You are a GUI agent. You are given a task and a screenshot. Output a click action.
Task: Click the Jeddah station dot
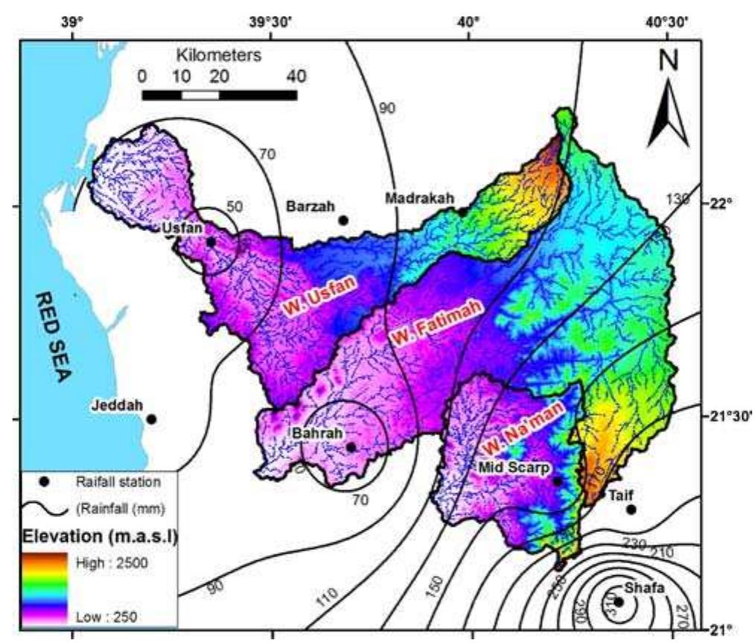(151, 419)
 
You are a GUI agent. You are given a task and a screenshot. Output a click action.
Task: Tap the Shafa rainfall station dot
(618, 601)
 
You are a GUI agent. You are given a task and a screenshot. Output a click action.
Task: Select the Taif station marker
(631, 510)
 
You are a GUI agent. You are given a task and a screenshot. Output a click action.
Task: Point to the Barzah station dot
(343, 220)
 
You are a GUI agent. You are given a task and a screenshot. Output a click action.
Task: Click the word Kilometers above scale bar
(219, 55)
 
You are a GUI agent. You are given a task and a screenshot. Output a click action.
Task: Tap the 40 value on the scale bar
(296, 76)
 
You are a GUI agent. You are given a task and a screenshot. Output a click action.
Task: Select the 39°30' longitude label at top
(272, 22)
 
